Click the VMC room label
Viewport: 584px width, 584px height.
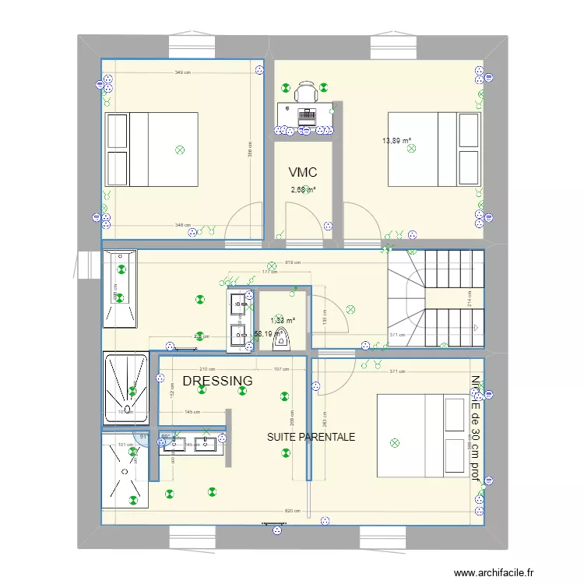coord(302,172)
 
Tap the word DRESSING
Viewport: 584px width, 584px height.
coord(217,381)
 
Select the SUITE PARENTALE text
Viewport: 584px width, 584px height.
coord(311,437)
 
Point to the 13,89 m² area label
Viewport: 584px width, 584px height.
coord(396,141)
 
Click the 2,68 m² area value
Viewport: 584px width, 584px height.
coord(303,189)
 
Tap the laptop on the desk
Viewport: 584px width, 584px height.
coord(306,115)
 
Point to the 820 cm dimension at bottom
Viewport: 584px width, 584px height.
coord(294,511)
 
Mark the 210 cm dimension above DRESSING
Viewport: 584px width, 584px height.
coord(207,369)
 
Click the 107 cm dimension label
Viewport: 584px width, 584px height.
coord(281,369)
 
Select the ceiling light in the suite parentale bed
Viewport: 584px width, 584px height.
coord(394,443)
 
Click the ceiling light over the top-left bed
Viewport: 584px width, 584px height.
coord(181,149)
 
